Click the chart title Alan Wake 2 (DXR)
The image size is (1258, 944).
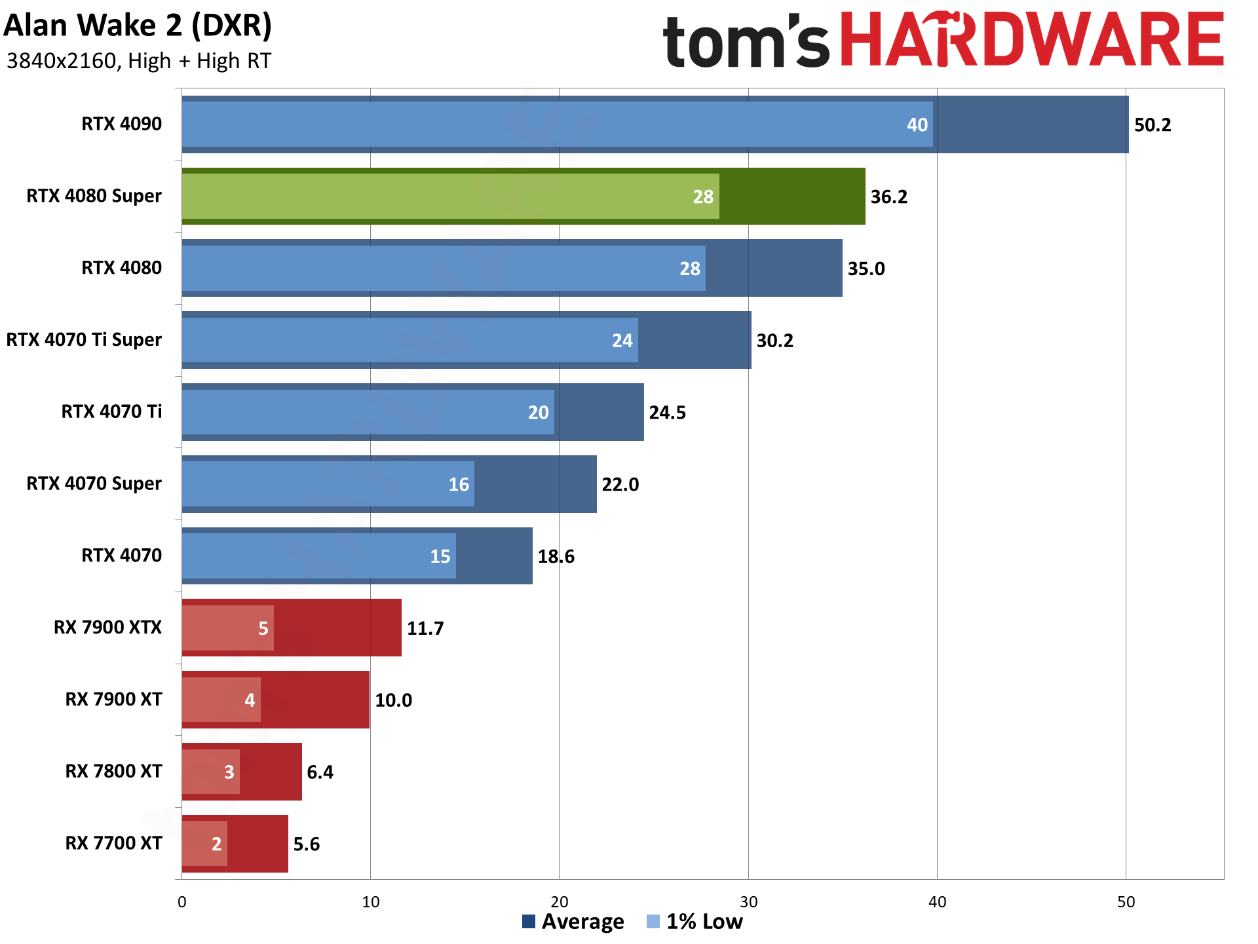tap(138, 26)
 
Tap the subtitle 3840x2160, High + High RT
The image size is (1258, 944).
tap(138, 61)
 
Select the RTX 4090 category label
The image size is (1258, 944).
tap(121, 124)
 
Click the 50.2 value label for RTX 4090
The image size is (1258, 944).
tap(1153, 125)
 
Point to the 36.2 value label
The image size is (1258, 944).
tap(888, 197)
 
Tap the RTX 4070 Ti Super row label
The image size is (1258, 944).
tap(84, 340)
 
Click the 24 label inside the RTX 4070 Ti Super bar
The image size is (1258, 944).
tap(622, 341)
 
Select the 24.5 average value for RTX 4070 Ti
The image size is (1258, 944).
tap(667, 413)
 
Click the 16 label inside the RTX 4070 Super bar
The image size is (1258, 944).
tap(459, 485)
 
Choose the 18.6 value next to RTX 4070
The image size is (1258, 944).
tap(556, 557)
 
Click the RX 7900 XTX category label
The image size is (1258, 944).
tap(107, 628)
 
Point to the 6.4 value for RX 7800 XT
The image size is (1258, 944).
tap(320, 772)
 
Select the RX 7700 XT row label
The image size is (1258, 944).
tap(113, 843)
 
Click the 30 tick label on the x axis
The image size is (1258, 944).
tap(748, 902)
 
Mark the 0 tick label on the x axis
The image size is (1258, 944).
tap(182, 902)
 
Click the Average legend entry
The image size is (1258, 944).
tap(573, 922)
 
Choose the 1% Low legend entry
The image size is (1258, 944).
tap(695, 922)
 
